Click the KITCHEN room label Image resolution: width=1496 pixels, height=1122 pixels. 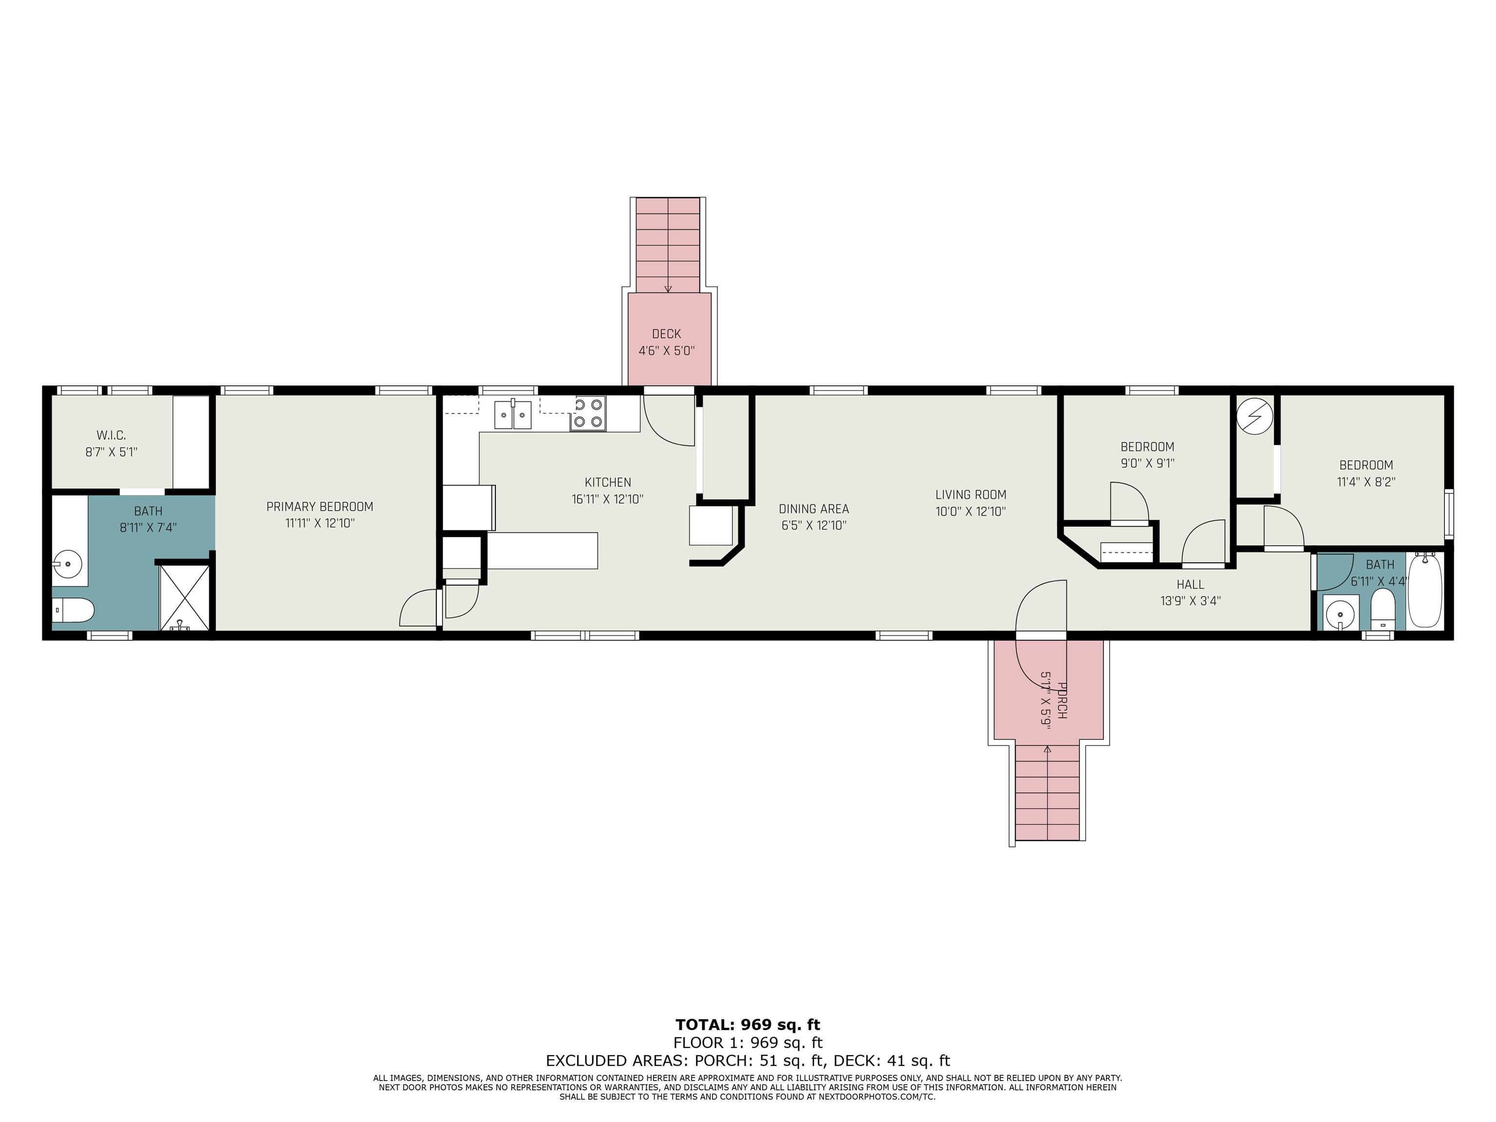click(607, 482)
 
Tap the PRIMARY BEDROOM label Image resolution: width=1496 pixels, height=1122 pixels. click(319, 506)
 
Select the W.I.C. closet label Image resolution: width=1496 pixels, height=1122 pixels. click(111, 435)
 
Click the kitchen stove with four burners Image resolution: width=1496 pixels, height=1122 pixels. click(588, 413)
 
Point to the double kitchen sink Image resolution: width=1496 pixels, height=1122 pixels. click(513, 414)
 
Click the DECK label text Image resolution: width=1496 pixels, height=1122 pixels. click(666, 334)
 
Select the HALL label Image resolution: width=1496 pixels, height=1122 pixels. click(1190, 584)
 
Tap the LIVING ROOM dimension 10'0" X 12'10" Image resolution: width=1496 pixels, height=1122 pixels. click(971, 512)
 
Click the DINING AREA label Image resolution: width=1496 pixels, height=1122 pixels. click(814, 508)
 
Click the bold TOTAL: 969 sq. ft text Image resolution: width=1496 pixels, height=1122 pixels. click(748, 1025)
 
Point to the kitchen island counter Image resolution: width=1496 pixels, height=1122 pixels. click(542, 550)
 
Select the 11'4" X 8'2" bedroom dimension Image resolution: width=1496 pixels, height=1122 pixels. click(1366, 482)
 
